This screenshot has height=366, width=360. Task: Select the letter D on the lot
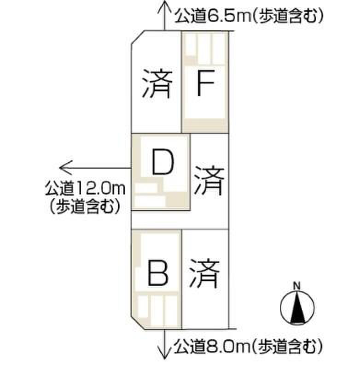click(x=163, y=162)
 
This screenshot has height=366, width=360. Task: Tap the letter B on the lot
click(x=158, y=273)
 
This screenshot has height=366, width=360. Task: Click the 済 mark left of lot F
click(x=157, y=83)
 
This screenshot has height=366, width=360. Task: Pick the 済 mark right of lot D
click(x=209, y=180)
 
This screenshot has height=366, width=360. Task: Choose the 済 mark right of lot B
click(x=204, y=273)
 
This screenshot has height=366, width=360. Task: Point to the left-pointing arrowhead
click(x=66, y=168)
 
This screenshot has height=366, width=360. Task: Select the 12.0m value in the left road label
click(x=100, y=189)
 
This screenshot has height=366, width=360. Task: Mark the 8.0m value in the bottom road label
click(x=228, y=347)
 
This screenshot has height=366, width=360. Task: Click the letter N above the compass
click(x=296, y=286)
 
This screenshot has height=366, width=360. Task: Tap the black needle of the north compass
click(x=297, y=307)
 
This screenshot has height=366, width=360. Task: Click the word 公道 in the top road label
click(x=190, y=16)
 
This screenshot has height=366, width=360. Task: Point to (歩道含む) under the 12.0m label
click(x=85, y=206)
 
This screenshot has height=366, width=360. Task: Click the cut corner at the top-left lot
click(x=138, y=37)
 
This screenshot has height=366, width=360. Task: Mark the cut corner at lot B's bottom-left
click(x=138, y=323)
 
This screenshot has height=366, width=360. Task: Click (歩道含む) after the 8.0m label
click(x=287, y=347)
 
